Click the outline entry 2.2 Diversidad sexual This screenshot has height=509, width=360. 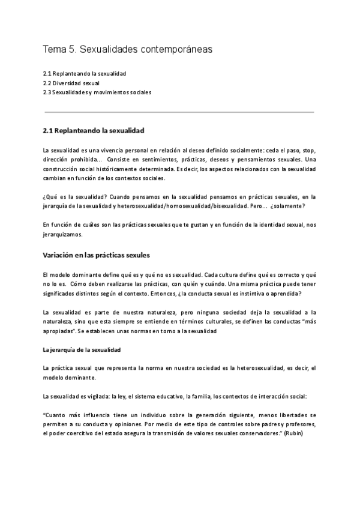[71, 83]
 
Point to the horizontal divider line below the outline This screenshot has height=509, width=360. [179, 112]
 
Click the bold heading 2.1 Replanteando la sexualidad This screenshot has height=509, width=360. [93, 130]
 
